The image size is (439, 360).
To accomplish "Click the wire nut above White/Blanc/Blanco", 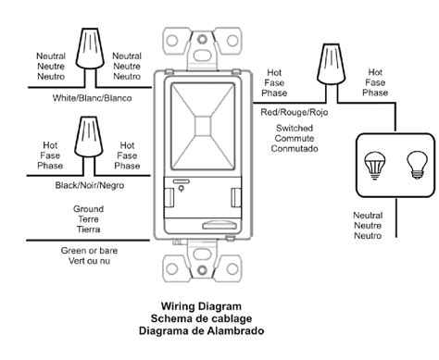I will [x=89, y=46].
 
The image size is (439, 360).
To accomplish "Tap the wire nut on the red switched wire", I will [x=327, y=62].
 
